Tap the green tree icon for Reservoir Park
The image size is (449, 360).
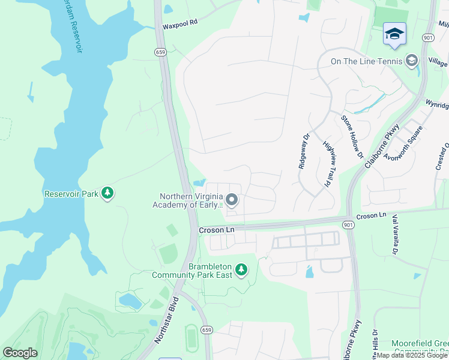(107, 193)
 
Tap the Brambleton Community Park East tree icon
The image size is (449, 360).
(241, 270)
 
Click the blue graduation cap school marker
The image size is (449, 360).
(394, 35)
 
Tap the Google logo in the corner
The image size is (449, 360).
(20, 353)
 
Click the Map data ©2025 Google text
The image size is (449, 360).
(412, 355)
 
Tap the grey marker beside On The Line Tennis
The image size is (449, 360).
(411, 61)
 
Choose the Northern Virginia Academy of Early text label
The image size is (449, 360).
(191, 200)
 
